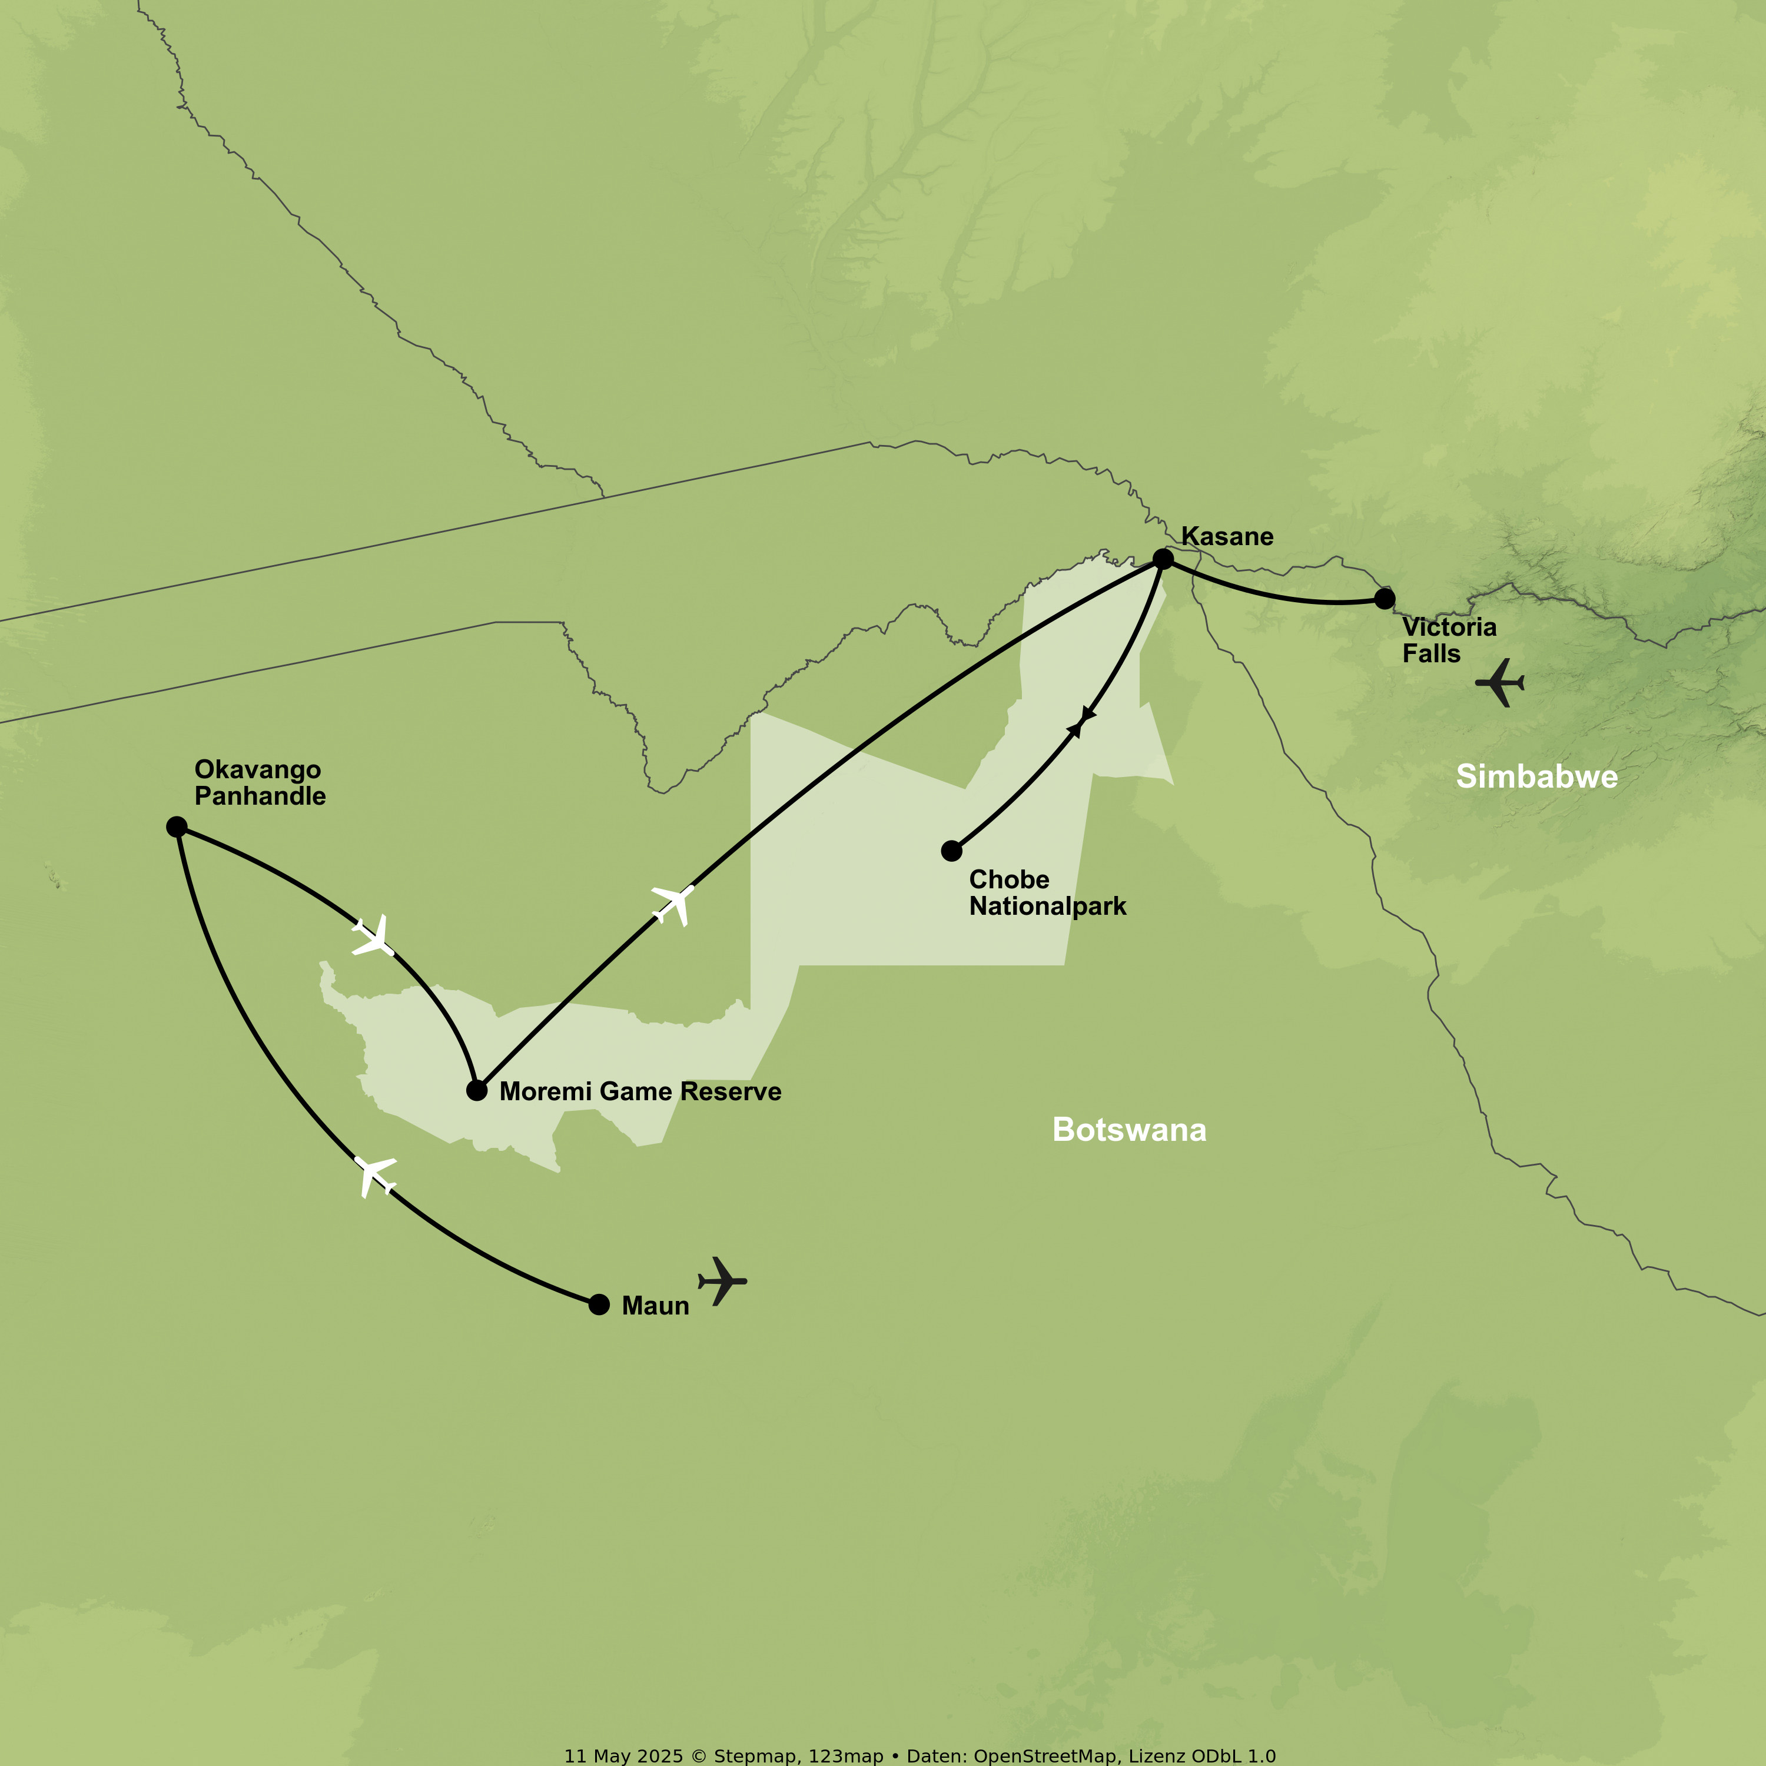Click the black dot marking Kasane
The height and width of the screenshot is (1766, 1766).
coord(1163,559)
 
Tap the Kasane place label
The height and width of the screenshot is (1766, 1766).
coord(1227,536)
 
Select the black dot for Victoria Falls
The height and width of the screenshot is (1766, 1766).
coord(1385,599)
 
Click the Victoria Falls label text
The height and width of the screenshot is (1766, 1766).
coord(1449,640)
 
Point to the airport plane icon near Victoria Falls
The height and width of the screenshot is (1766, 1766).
coord(1500,682)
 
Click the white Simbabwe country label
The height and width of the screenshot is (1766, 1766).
coord(1536,776)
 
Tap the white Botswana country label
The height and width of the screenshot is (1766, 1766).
coord(1129,1130)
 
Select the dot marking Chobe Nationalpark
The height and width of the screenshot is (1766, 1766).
coord(951,851)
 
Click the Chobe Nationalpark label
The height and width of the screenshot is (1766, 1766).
coord(1048,892)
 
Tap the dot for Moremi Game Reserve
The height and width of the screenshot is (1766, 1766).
coord(476,1090)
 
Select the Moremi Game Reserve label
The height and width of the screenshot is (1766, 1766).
coord(640,1091)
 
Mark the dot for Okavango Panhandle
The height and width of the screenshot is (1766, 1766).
coord(177,827)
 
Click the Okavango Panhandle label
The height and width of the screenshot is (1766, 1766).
coord(260,782)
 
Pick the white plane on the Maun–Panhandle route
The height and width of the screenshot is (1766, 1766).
coord(375,1176)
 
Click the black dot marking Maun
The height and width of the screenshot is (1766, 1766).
coord(599,1304)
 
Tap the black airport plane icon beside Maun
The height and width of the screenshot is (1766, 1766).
coord(722,1280)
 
